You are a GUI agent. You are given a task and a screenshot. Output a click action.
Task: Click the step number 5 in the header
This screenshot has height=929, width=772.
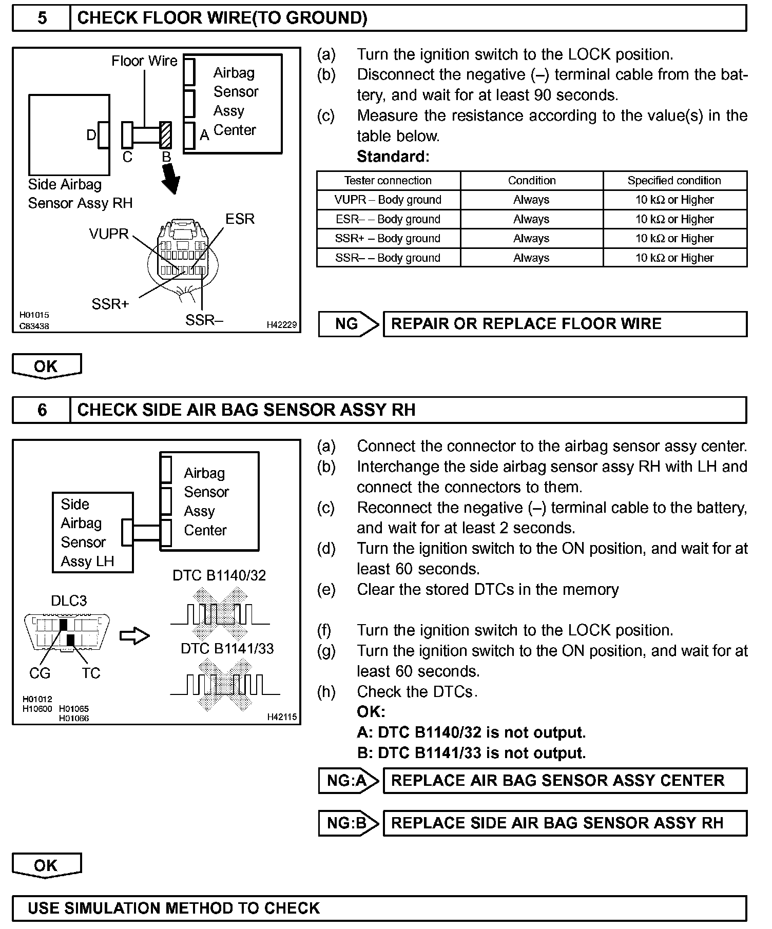(x=42, y=18)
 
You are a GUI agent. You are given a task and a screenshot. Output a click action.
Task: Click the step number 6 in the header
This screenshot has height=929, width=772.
(x=42, y=410)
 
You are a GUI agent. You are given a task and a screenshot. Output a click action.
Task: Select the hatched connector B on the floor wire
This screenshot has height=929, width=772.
(x=165, y=135)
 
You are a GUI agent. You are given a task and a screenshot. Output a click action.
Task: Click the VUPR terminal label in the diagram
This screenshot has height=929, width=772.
(x=109, y=234)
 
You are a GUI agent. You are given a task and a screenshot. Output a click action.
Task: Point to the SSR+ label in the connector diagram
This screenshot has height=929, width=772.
(x=110, y=304)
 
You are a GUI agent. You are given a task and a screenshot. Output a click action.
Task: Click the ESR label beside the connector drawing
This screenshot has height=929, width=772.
(x=240, y=219)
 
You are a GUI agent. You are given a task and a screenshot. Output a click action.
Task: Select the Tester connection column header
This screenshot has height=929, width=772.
(x=388, y=181)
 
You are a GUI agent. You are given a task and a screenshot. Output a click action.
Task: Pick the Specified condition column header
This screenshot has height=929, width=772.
(x=674, y=181)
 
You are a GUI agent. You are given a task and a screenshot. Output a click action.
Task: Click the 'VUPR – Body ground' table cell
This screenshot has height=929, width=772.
(x=388, y=200)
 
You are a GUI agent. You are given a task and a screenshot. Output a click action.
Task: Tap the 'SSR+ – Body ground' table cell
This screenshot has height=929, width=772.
(x=388, y=239)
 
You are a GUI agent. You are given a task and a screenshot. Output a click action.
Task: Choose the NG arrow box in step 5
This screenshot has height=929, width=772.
(x=348, y=324)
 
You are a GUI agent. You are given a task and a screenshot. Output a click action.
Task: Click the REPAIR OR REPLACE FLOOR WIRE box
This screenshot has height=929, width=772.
(x=565, y=324)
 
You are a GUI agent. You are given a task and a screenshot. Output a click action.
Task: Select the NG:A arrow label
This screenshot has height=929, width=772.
(x=348, y=781)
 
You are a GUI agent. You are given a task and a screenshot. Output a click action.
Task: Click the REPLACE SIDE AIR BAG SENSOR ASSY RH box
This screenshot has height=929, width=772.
(x=565, y=823)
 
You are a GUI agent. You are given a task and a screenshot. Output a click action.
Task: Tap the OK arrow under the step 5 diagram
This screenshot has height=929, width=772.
(x=46, y=366)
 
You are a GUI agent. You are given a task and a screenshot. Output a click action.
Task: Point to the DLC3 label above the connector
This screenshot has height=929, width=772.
(x=69, y=601)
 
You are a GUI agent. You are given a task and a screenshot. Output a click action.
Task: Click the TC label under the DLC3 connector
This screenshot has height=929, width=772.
(x=91, y=673)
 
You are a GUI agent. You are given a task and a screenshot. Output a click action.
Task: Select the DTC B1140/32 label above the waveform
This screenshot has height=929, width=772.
(x=219, y=576)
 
